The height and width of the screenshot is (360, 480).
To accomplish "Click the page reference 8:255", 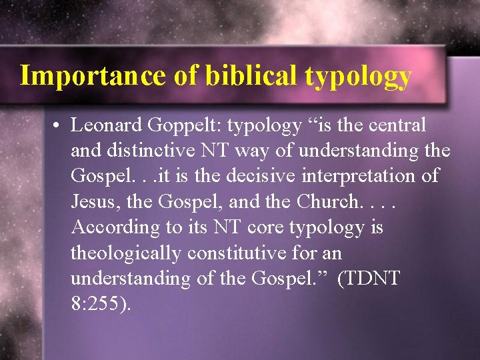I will (x=101, y=303).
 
